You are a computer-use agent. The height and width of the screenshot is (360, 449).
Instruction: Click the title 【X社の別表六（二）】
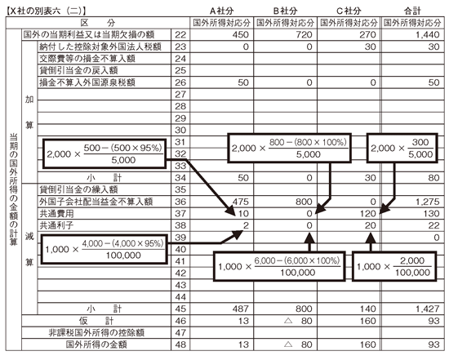click(46, 11)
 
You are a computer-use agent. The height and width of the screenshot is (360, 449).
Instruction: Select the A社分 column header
click(221, 11)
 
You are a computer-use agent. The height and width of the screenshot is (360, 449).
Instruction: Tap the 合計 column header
click(412, 11)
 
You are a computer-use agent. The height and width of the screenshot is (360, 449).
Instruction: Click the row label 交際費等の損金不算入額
click(87, 59)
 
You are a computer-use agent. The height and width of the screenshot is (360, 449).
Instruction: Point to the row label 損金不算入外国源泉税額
click(87, 82)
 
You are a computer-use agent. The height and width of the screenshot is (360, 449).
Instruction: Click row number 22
click(180, 34)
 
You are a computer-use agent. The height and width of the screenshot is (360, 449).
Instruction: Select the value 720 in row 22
click(304, 34)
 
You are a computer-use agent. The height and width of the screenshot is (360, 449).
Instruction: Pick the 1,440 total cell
click(427, 34)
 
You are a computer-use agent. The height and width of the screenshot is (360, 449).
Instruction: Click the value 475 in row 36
click(241, 202)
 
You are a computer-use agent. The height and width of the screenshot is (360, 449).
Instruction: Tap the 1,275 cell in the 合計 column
click(427, 202)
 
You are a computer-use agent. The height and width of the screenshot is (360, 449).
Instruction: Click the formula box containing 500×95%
click(104, 153)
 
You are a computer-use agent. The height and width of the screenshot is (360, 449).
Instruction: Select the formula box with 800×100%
click(290, 148)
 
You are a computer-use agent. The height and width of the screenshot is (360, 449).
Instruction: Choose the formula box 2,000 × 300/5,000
click(402, 148)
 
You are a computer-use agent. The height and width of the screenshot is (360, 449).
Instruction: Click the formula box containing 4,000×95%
click(104, 249)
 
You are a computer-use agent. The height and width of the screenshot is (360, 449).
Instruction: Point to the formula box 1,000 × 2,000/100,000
click(394, 266)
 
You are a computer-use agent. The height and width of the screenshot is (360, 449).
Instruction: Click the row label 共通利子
click(56, 225)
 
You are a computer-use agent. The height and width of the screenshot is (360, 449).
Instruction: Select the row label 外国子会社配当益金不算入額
click(96, 202)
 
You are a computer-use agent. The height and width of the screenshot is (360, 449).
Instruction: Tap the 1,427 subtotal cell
click(427, 309)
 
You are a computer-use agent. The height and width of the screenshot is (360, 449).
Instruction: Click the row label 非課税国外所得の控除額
click(96, 333)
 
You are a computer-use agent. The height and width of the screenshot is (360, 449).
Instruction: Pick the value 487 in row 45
click(241, 309)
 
